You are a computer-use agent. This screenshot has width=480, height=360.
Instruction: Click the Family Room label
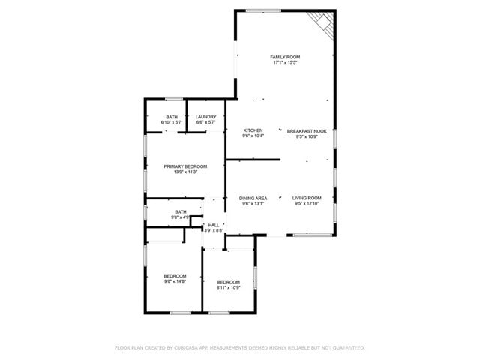tap(285, 57)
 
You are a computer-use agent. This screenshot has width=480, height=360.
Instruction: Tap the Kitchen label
tap(253, 130)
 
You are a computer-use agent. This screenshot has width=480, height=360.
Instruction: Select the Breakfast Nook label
tap(307, 131)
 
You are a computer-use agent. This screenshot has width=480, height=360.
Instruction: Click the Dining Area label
tap(253, 198)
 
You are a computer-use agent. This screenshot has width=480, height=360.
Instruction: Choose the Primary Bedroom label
tap(185, 166)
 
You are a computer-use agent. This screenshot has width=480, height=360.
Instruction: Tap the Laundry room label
tap(205, 116)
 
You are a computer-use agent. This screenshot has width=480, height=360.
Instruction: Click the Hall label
tap(214, 225)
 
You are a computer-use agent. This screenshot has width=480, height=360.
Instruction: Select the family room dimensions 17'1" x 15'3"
tap(285, 62)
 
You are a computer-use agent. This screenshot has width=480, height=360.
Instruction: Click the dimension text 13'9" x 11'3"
tap(185, 172)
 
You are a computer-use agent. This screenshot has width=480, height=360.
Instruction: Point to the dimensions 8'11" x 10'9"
tap(229, 287)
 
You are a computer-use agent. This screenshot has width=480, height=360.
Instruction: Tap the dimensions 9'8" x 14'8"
tap(175, 281)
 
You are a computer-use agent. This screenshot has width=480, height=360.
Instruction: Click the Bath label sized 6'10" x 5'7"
tap(172, 116)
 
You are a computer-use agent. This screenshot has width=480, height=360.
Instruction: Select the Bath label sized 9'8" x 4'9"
tap(181, 211)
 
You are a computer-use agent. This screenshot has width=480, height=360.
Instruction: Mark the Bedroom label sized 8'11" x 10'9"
tap(229, 282)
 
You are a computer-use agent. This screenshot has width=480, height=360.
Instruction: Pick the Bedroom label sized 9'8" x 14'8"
tap(175, 276)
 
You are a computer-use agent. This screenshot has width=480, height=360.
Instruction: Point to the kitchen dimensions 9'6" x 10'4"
tap(253, 136)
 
